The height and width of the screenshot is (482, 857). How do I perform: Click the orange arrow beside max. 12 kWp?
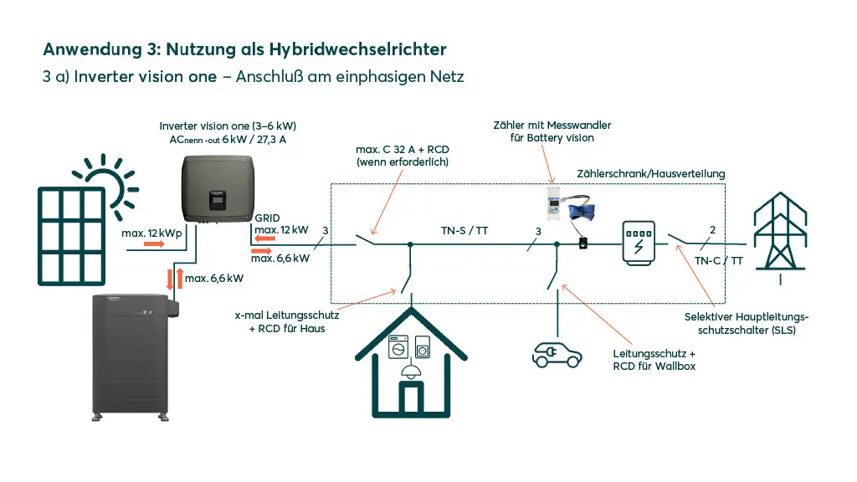tap(154, 244)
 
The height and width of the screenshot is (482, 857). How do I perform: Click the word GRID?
tap(268, 217)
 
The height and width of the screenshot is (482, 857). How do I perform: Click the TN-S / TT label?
tap(464, 230)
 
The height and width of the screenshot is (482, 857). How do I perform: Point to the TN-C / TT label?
tap(718, 261)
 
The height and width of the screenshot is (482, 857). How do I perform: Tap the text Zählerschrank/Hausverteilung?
tap(650, 173)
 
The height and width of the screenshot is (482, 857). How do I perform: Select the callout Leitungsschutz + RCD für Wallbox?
tap(654, 360)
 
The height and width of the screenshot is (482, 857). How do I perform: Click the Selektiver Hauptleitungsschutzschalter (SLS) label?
tap(747, 323)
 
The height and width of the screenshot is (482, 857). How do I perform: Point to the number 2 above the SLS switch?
tap(711, 229)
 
